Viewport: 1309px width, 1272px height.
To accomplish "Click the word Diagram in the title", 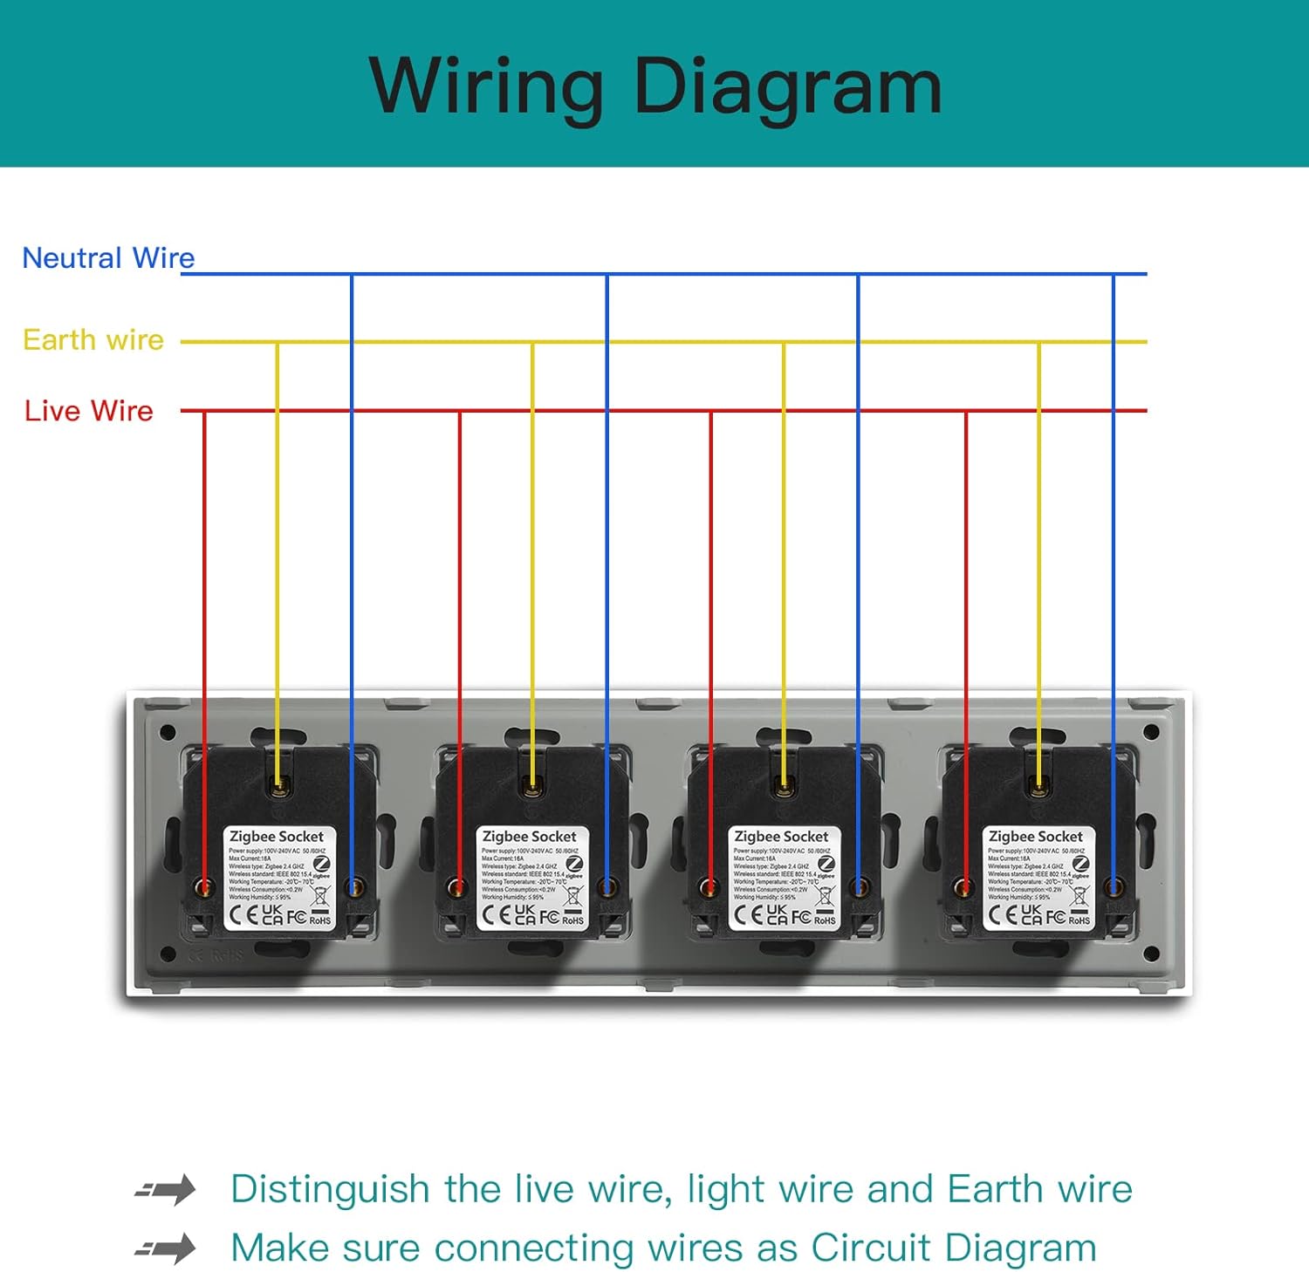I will tap(788, 87).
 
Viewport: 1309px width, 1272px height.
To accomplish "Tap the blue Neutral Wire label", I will tap(108, 258).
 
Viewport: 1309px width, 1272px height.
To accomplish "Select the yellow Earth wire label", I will tap(93, 339).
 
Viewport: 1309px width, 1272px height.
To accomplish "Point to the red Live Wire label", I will tap(88, 411).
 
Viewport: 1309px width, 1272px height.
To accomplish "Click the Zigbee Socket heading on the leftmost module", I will tap(276, 837).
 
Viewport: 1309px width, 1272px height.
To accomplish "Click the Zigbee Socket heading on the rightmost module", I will tap(1035, 837).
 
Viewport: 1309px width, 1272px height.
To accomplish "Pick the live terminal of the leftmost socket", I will tap(204, 888).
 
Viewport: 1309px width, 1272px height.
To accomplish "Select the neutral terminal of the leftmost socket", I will tap(353, 888).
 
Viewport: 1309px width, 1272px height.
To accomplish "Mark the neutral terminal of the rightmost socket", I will tap(1114, 888).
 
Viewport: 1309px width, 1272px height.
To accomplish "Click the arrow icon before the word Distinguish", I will tap(166, 1190).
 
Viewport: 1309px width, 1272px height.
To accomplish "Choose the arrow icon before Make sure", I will tap(166, 1248).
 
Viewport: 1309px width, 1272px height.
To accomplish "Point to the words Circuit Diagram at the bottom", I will tap(953, 1248).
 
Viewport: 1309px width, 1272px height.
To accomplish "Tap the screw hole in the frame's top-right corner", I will tap(1151, 732).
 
